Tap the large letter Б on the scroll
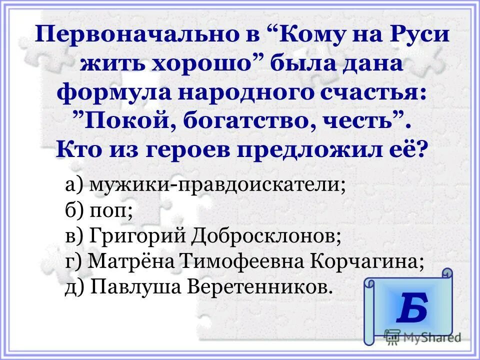click(x=412, y=308)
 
